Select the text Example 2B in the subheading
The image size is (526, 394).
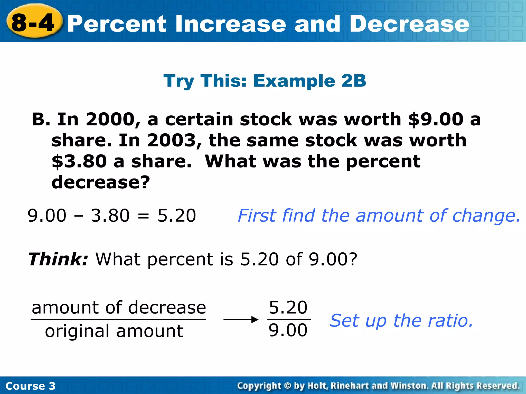pos(309,81)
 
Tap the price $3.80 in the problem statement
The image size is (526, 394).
pos(79,161)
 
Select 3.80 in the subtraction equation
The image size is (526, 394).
pos(110,215)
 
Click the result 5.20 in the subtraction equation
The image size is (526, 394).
pos(177,215)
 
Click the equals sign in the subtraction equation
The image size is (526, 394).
pos(143,216)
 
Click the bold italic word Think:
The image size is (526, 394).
pos(58,259)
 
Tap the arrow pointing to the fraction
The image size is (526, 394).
pos(241,320)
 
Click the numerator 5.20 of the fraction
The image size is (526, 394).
pos(288,307)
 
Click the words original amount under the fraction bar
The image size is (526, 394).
pos(114,331)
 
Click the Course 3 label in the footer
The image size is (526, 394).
pos(30,386)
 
